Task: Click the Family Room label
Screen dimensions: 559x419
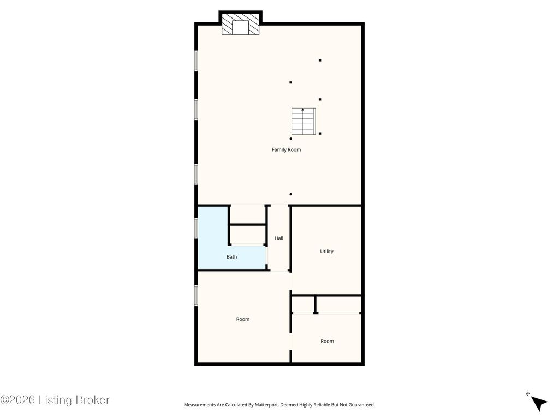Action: (286, 149)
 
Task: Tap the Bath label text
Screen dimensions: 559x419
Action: (231, 256)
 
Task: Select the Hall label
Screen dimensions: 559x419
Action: (279, 238)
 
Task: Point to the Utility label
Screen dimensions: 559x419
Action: (326, 251)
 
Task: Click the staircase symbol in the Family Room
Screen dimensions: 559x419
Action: (304, 121)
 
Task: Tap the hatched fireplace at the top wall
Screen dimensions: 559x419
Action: (240, 24)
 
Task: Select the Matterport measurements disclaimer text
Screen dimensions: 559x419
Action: (279, 405)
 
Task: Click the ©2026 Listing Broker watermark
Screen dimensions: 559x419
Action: (55, 400)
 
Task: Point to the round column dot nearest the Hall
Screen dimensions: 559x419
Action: (291, 194)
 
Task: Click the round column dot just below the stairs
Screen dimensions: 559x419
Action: (291, 139)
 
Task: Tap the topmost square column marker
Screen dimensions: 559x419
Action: (320, 61)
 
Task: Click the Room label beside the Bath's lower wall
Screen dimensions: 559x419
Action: (243, 319)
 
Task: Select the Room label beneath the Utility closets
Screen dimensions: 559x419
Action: (328, 341)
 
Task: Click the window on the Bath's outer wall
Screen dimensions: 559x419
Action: (196, 228)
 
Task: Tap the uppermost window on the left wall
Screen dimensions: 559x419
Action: (196, 61)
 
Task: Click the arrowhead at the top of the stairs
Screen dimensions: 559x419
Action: (302, 110)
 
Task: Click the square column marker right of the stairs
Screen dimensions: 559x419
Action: (320, 134)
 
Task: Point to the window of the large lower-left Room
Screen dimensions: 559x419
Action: (196, 295)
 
